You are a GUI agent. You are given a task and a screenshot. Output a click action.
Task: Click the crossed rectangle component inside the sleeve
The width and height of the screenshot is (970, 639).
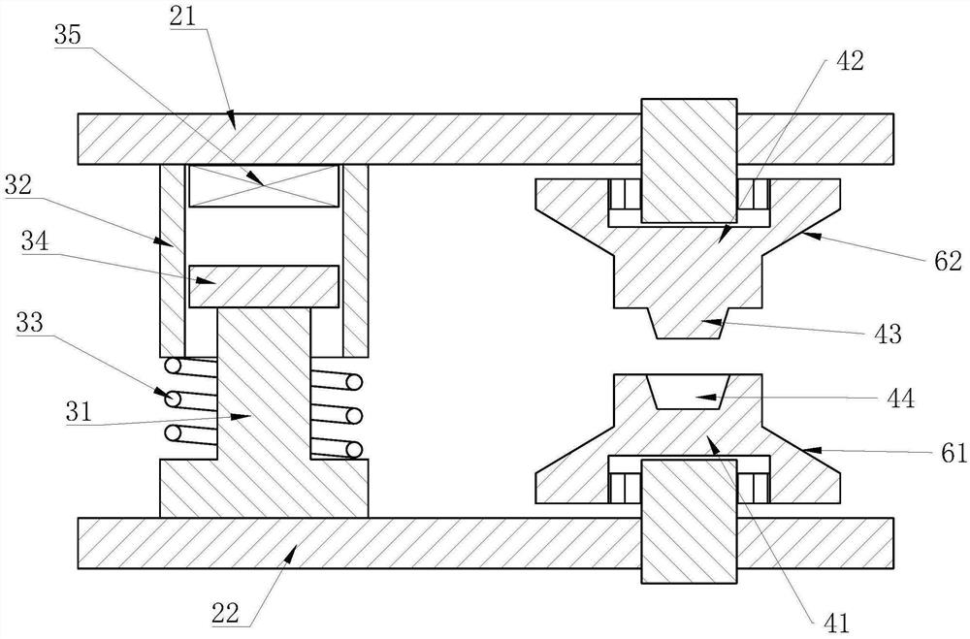click(x=264, y=186)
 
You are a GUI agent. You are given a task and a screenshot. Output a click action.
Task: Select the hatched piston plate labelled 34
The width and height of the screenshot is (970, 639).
click(x=264, y=287)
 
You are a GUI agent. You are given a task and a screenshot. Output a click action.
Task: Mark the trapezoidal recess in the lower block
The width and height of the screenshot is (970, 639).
click(x=690, y=392)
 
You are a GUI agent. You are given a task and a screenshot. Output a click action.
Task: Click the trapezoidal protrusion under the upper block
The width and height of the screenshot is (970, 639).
click(x=690, y=324)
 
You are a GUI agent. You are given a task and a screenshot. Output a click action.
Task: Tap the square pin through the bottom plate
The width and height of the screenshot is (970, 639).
click(x=688, y=523)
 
